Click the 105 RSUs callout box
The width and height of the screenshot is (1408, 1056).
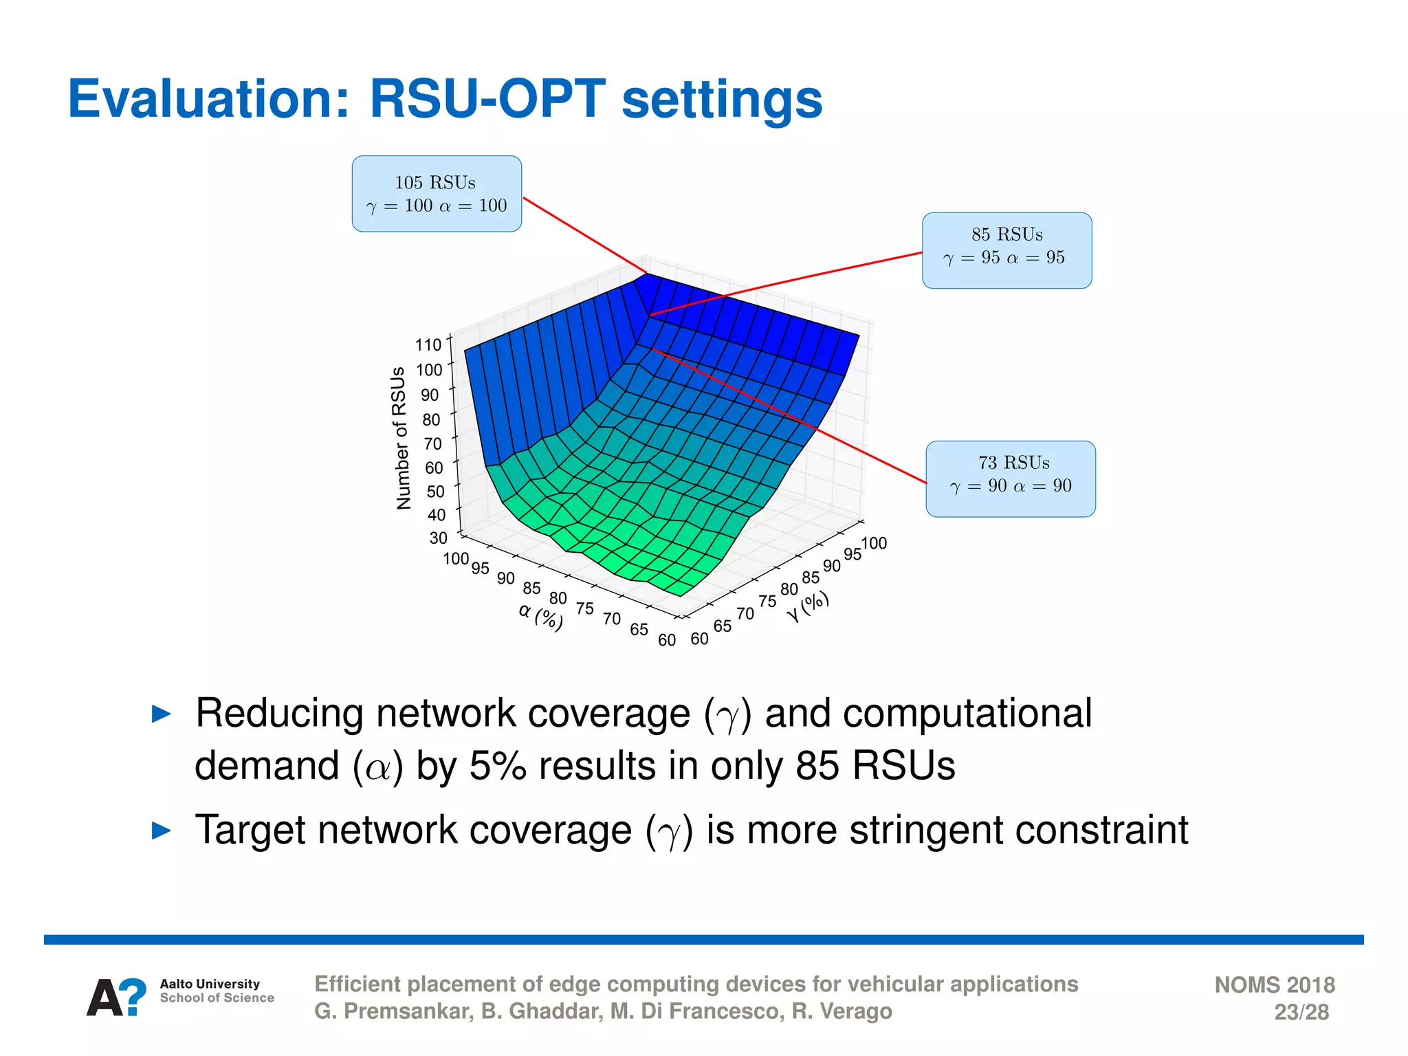tap(437, 194)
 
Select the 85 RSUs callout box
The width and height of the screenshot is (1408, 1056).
tap(1006, 250)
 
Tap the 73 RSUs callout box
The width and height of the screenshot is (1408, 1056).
tap(1011, 479)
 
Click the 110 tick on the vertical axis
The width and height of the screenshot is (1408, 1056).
tap(428, 345)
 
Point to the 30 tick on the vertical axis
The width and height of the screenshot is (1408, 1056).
tap(438, 538)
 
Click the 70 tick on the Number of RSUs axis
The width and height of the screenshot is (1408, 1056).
tap(432, 444)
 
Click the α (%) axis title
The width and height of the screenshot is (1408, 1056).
tap(541, 615)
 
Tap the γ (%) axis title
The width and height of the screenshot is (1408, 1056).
tap(808, 606)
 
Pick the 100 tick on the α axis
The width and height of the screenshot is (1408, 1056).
tap(456, 558)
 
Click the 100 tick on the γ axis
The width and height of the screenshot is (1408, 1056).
tap(874, 544)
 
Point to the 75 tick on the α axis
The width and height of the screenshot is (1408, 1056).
tap(585, 608)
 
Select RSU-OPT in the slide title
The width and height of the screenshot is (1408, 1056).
tap(487, 100)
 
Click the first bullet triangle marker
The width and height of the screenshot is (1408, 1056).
tap(161, 714)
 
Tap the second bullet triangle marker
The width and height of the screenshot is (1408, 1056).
tap(161, 830)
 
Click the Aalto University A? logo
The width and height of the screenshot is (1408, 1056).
tap(116, 997)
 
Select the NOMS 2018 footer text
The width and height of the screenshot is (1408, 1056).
tap(1274, 984)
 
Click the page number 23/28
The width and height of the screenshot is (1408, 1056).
tap(1301, 1012)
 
